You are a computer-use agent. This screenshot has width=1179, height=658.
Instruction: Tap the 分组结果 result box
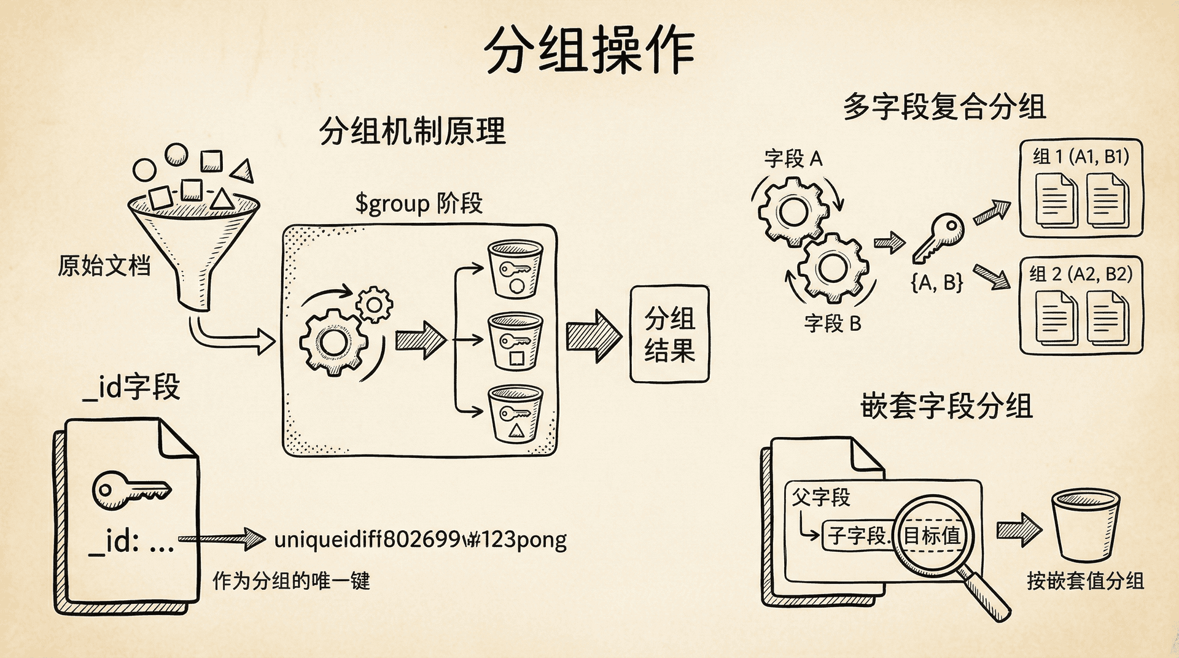(x=669, y=335)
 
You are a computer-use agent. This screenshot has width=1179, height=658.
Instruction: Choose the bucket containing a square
(x=515, y=341)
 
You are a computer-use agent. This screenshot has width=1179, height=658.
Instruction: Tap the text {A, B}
(x=936, y=282)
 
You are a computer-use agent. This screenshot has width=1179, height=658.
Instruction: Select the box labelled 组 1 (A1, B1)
(x=1081, y=188)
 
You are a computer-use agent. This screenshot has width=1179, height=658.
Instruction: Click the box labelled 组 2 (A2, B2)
(x=1081, y=305)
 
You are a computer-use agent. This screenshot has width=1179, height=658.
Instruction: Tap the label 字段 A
(x=793, y=159)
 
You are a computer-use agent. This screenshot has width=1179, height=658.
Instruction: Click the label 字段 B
(x=833, y=323)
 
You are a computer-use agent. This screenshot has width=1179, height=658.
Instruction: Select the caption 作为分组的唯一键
(x=291, y=581)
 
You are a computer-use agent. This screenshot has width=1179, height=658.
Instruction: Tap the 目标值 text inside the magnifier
(x=932, y=535)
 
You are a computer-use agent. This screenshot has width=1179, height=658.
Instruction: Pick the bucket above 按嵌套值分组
(x=1085, y=525)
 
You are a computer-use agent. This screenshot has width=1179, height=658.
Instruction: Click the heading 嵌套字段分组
(x=946, y=406)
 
